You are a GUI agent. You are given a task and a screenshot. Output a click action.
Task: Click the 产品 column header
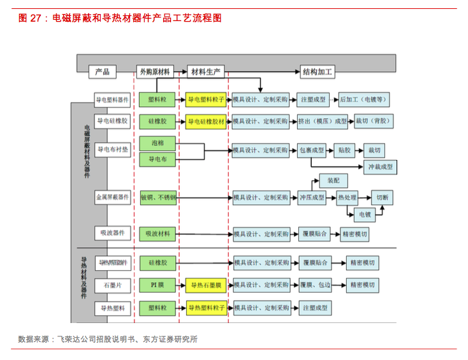tap(103, 72)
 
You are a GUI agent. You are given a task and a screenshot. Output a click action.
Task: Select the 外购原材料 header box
tap(154, 72)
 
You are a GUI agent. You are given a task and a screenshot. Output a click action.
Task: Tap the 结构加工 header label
tap(318, 72)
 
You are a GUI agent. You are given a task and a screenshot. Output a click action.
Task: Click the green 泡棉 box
tap(157, 143)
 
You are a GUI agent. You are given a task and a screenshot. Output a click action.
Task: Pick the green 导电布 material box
tap(157, 159)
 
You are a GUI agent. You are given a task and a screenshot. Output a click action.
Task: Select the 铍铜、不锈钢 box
tap(157, 198)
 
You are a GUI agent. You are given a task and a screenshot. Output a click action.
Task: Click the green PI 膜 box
tap(157, 284)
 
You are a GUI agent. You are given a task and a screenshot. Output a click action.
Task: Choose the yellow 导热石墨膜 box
tap(206, 284)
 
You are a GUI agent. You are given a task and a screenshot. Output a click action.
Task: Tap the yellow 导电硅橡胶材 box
tap(206, 120)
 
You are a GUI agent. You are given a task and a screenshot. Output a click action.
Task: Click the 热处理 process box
tap(347, 198)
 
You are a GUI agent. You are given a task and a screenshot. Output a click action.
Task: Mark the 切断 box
tap(383, 198)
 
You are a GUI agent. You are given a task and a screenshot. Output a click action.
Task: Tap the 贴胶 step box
tap(344, 150)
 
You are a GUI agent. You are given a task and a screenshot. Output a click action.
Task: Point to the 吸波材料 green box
tap(157, 234)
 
